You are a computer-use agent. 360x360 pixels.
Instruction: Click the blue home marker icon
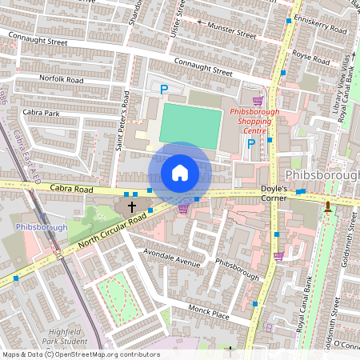point(180,173)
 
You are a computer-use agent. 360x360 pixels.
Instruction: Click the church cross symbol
point(132,206)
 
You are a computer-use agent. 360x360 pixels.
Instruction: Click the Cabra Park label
point(41,113)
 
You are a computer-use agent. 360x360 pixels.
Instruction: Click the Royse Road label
point(310,58)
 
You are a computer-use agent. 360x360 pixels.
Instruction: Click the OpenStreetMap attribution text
point(80,354)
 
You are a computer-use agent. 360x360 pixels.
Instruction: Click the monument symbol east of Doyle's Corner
point(328,207)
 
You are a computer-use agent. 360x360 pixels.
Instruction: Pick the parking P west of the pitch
point(164,90)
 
